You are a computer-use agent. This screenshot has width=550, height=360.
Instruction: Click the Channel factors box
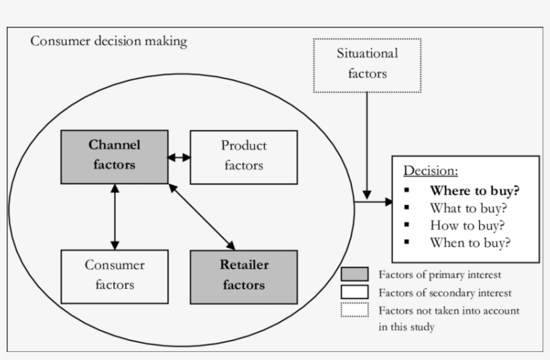point(115,156)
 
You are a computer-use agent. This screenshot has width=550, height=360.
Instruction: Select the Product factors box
point(243,157)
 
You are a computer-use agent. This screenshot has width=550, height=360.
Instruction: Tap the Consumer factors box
point(115,276)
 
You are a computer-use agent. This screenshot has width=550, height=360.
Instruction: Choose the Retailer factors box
point(243,276)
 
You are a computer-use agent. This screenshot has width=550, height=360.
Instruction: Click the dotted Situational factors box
point(367,64)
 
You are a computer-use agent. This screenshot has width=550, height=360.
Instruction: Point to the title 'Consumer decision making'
point(109,42)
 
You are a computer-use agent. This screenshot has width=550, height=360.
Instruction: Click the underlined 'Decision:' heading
point(430,170)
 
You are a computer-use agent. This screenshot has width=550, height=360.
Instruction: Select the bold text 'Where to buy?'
point(474,190)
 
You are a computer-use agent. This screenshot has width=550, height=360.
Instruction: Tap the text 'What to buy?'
point(467,208)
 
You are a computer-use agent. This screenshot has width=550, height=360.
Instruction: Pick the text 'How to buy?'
point(467,225)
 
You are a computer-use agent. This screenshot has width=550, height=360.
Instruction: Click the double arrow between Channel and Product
point(179,158)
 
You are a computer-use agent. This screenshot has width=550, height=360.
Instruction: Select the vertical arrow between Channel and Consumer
point(115,217)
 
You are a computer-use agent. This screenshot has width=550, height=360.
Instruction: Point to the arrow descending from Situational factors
point(367,144)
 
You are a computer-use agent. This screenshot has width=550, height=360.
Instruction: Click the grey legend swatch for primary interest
point(354,274)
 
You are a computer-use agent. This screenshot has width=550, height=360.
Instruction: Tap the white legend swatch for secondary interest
point(354,292)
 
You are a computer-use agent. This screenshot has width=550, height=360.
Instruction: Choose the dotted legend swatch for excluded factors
point(354,310)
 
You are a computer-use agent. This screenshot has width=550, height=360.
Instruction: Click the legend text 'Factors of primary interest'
point(439,274)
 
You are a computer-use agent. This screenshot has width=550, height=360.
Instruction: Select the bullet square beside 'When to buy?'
point(407,243)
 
